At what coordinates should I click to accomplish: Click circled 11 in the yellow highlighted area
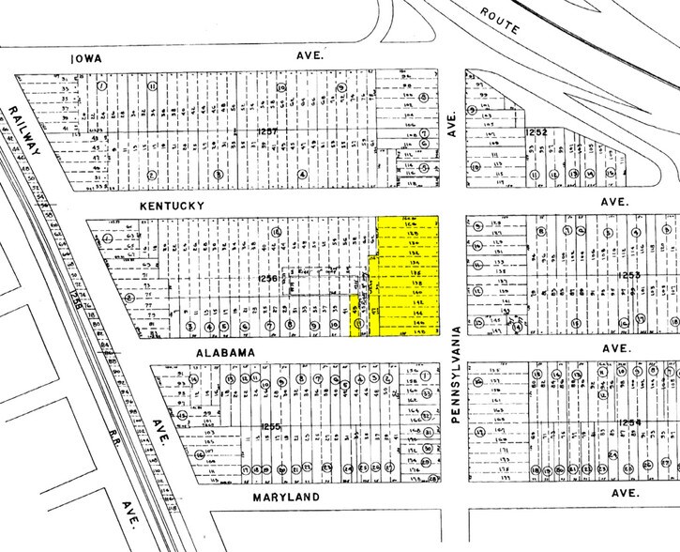click(x=357, y=326)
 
